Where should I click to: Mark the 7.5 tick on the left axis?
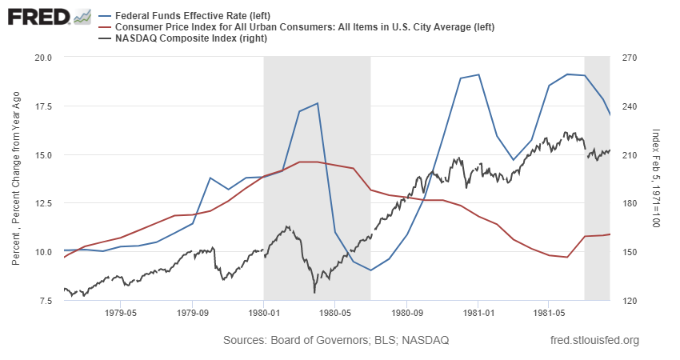tap(44, 301)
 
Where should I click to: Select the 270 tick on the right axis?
tap(629, 58)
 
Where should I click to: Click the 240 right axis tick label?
tap(629, 106)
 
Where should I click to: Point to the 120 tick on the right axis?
tap(629, 301)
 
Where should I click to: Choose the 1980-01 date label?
tap(263, 314)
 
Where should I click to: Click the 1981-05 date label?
tap(547, 314)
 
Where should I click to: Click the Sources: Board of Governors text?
tap(336, 341)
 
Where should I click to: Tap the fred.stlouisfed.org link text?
tap(595, 341)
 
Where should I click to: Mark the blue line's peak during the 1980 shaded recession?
tap(318, 103)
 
